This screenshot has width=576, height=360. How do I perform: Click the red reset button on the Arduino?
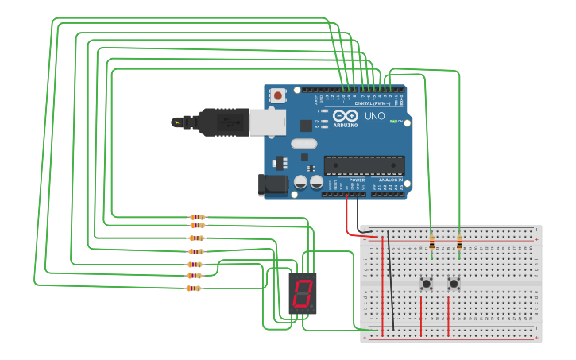(278, 95)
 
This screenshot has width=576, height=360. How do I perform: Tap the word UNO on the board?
(374, 116)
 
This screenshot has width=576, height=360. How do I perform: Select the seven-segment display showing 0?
(303, 293)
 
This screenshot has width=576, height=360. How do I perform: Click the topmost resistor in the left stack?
(197, 217)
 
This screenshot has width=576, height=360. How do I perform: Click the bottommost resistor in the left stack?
(194, 288)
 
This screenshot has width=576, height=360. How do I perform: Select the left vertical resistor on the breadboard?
(431, 242)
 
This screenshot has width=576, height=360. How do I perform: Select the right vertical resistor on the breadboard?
(459, 242)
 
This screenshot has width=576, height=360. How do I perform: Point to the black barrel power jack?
(273, 184)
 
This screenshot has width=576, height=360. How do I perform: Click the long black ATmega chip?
(364, 165)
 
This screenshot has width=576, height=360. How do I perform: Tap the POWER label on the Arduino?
(357, 180)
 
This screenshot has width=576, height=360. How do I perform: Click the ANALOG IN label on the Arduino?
(390, 180)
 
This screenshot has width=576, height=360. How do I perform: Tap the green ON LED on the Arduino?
(392, 121)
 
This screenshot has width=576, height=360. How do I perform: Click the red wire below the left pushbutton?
(421, 315)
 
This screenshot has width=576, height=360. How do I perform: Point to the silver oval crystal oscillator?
(303, 144)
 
